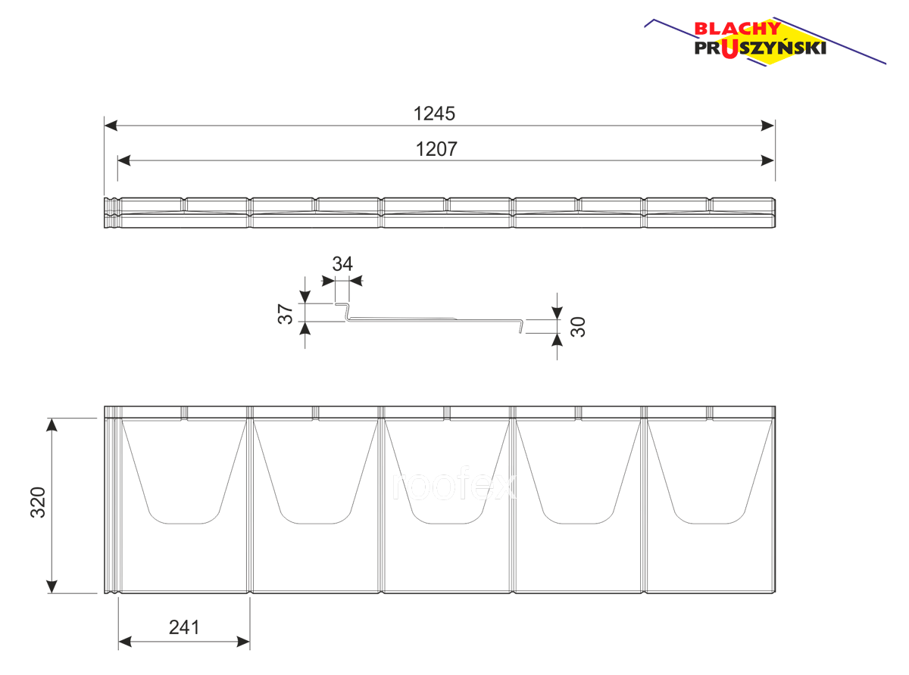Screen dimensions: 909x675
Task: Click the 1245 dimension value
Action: point(433,114)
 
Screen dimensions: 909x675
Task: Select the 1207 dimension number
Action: point(436,149)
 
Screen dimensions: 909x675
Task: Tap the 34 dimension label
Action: point(342,264)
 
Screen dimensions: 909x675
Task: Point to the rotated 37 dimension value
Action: point(286,314)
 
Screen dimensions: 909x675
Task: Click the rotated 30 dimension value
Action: point(578,326)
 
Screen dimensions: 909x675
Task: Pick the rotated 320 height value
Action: point(38,502)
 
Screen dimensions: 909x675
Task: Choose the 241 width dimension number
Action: point(184,627)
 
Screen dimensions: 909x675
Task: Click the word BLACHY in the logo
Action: point(737,29)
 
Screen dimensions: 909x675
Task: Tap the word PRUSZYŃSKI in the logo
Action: point(760,48)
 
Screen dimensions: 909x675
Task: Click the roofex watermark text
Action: point(454,486)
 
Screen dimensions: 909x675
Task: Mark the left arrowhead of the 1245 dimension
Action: point(111,126)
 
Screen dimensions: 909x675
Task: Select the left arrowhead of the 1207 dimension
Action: point(124,160)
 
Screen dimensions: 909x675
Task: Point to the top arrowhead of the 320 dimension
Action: point(52,425)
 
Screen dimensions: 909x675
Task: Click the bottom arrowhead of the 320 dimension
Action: point(52,586)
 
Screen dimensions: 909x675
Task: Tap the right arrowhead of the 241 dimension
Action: point(243,642)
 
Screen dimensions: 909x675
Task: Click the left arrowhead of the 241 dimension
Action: point(125,642)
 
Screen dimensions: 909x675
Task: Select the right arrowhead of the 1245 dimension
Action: point(768,126)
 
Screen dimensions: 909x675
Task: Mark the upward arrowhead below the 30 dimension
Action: point(557,340)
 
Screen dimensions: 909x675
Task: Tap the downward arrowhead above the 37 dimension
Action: point(305,297)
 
